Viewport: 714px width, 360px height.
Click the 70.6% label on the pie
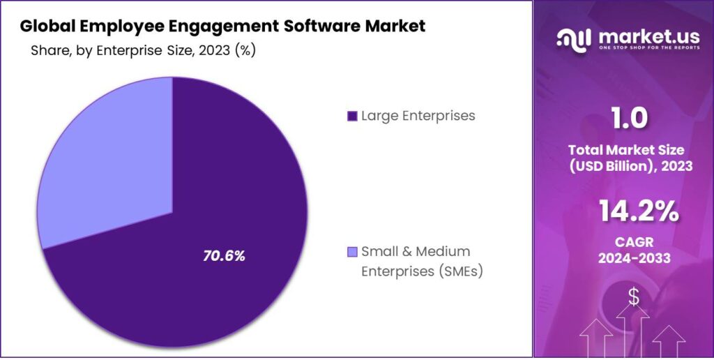pos(224,256)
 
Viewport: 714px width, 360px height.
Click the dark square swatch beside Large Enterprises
pos(352,116)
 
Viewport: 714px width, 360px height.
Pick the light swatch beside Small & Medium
pos(352,251)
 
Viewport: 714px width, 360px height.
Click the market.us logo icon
pos(572,38)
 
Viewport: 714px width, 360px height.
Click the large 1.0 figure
pos(630,119)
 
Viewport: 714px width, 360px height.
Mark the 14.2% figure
pos(630,212)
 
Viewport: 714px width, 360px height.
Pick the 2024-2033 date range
pos(630,258)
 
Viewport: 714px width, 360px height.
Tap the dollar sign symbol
pos(633,297)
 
